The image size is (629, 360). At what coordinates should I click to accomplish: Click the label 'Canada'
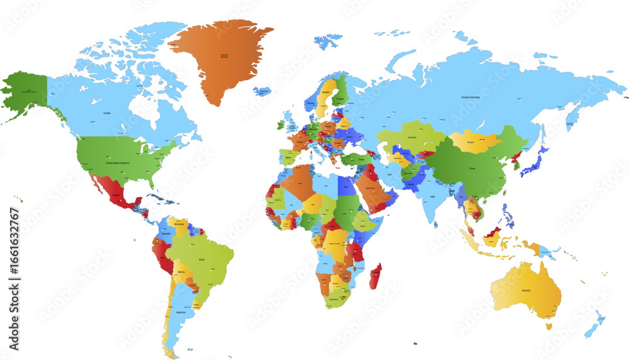(x=107, y=113)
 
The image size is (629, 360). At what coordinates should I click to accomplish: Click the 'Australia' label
(x=528, y=290)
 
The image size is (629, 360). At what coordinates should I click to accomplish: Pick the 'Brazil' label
(x=203, y=259)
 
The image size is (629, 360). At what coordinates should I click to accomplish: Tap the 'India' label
(x=432, y=197)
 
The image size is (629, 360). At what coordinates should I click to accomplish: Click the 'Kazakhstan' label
(x=413, y=137)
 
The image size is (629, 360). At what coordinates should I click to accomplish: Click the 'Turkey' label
(x=360, y=159)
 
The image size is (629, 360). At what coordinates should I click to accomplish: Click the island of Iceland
(x=265, y=92)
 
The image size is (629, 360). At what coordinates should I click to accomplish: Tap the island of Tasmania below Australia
(x=548, y=326)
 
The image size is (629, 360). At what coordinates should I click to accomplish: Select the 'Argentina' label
(x=181, y=312)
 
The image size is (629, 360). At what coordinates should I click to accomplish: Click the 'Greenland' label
(x=220, y=56)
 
